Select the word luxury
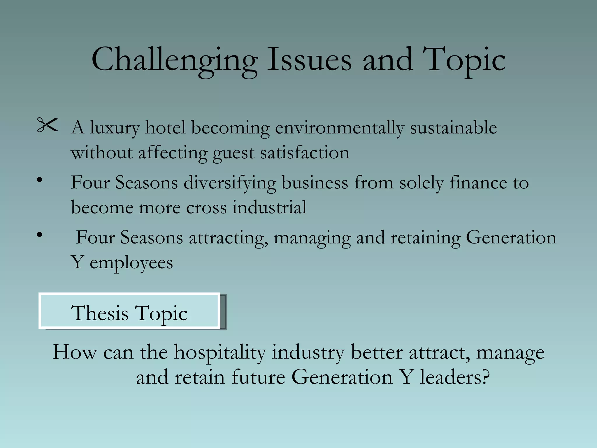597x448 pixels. click(115, 128)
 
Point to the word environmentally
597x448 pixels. click(339, 128)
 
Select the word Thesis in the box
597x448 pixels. click(100, 313)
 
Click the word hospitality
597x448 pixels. click(220, 353)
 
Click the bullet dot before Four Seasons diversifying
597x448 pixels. click(40, 180)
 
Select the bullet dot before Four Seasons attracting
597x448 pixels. click(40, 234)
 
